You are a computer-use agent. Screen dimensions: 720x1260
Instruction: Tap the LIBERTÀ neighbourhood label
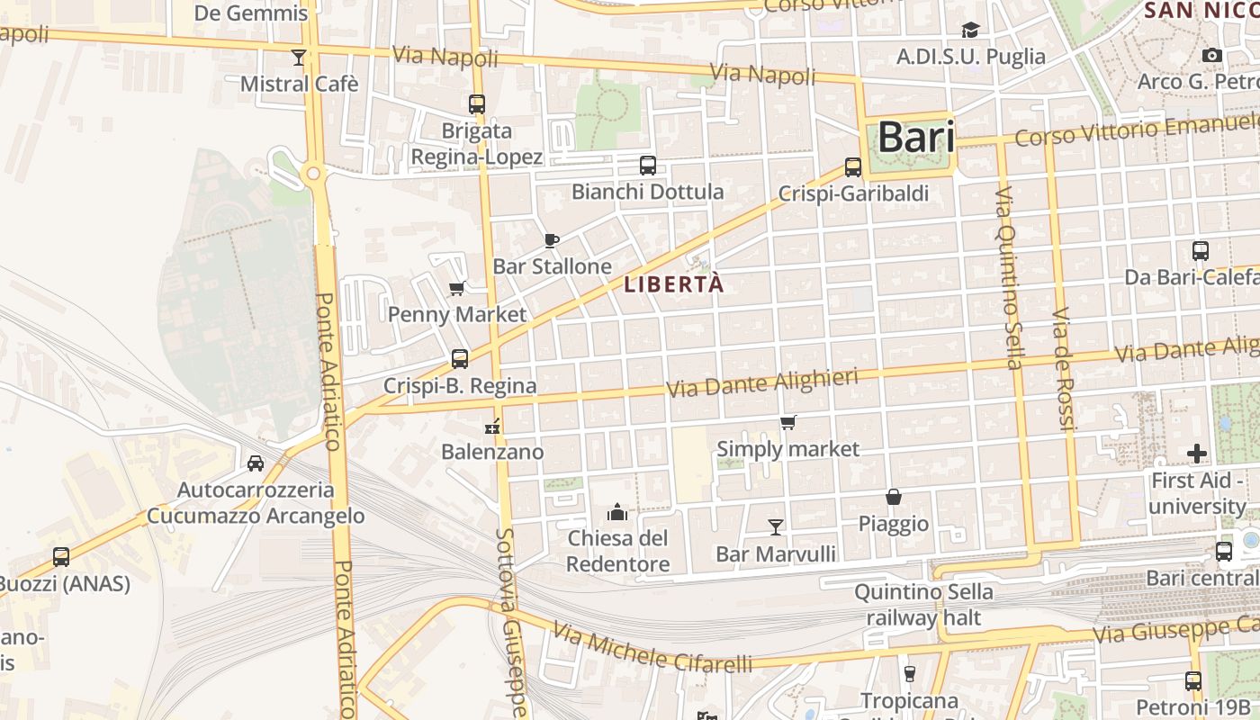[x=674, y=284]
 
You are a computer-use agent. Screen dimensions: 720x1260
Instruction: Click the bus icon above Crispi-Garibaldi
[x=853, y=167]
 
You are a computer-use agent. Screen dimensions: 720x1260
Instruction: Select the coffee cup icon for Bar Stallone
[x=552, y=240]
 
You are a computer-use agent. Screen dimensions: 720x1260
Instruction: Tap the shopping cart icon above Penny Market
[x=456, y=289]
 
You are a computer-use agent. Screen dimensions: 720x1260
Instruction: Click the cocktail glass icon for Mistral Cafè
[x=299, y=58]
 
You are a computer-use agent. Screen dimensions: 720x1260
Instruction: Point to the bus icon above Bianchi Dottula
[x=647, y=166]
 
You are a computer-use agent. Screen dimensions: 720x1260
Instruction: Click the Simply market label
[x=787, y=448]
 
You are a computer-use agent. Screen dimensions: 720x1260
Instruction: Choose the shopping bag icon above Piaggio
[x=894, y=497]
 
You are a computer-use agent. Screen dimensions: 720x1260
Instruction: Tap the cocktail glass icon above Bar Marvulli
[x=775, y=526]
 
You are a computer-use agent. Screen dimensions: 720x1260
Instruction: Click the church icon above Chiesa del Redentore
[x=617, y=512]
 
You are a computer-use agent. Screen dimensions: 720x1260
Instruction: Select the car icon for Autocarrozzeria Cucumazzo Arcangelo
[x=256, y=463]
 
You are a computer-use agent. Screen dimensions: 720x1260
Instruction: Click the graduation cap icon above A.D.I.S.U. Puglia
[x=970, y=31]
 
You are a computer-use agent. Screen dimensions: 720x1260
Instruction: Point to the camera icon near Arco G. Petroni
[x=1212, y=56]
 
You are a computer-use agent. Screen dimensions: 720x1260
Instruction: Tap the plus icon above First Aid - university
[x=1196, y=454]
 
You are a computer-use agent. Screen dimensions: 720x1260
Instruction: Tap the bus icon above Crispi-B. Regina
[x=460, y=359]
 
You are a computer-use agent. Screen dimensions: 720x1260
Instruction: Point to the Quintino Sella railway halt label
[x=923, y=605]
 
